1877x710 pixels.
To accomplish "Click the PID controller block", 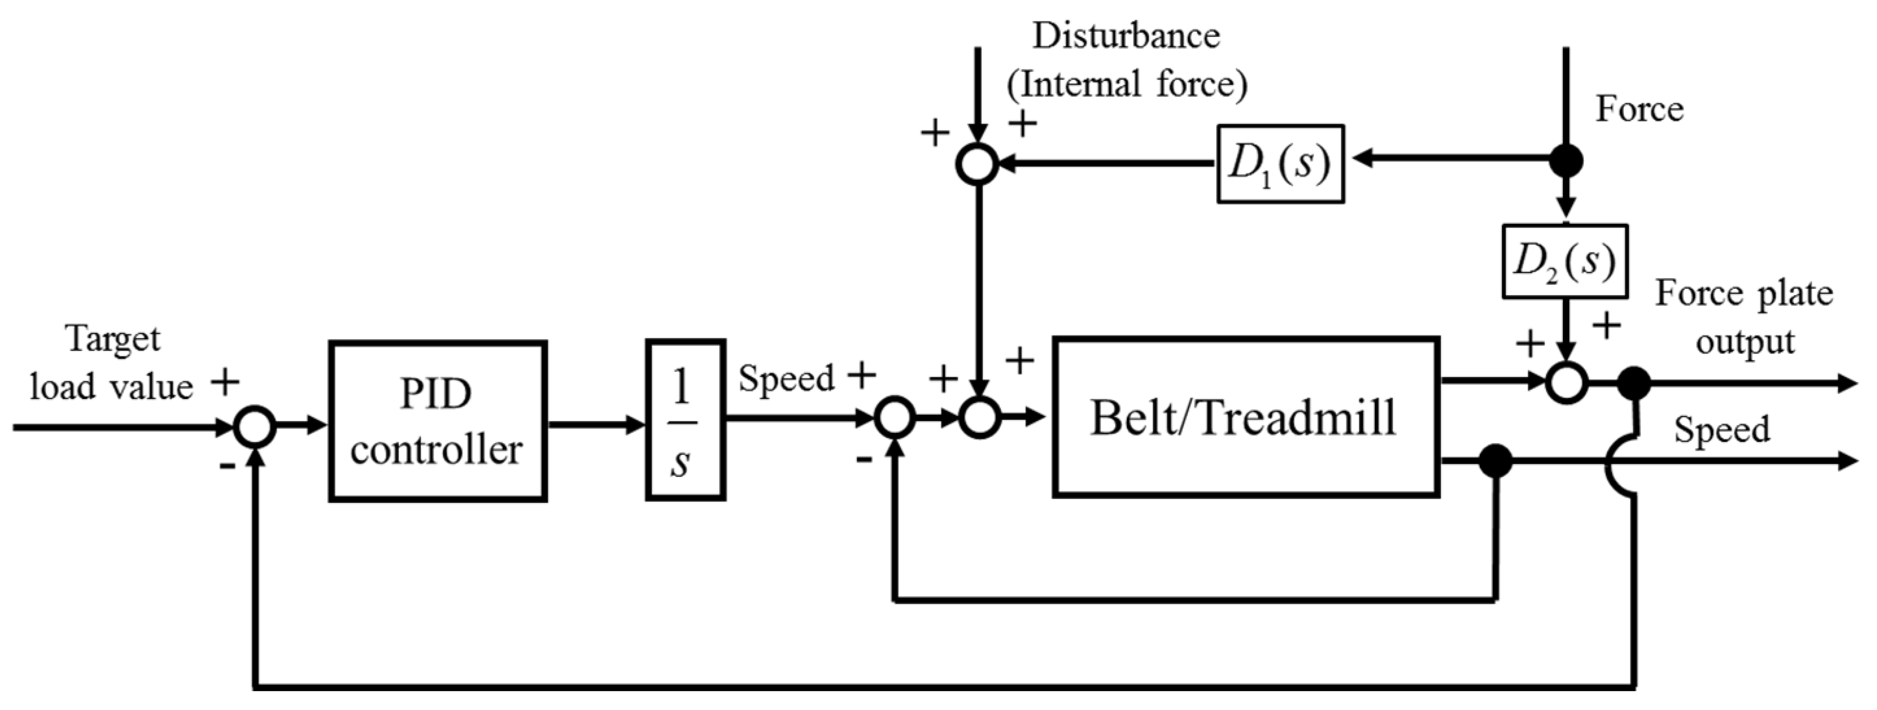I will tap(437, 421).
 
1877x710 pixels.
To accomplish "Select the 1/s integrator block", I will tap(685, 420).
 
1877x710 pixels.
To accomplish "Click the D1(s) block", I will tap(1280, 164).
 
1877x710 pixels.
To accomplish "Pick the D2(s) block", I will tap(1564, 261).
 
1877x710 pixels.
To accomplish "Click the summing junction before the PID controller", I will tap(255, 426).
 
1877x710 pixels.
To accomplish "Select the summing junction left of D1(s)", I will tap(977, 164).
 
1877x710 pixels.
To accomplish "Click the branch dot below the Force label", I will tap(1565, 160).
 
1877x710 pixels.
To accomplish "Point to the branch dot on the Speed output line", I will tap(1496, 461).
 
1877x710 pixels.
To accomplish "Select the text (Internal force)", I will tap(1126, 84).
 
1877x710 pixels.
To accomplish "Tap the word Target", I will tap(113, 339).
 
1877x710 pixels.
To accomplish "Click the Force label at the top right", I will tap(1640, 109).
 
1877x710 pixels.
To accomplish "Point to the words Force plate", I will tap(1743, 294).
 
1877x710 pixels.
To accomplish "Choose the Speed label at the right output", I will tap(1721, 430).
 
